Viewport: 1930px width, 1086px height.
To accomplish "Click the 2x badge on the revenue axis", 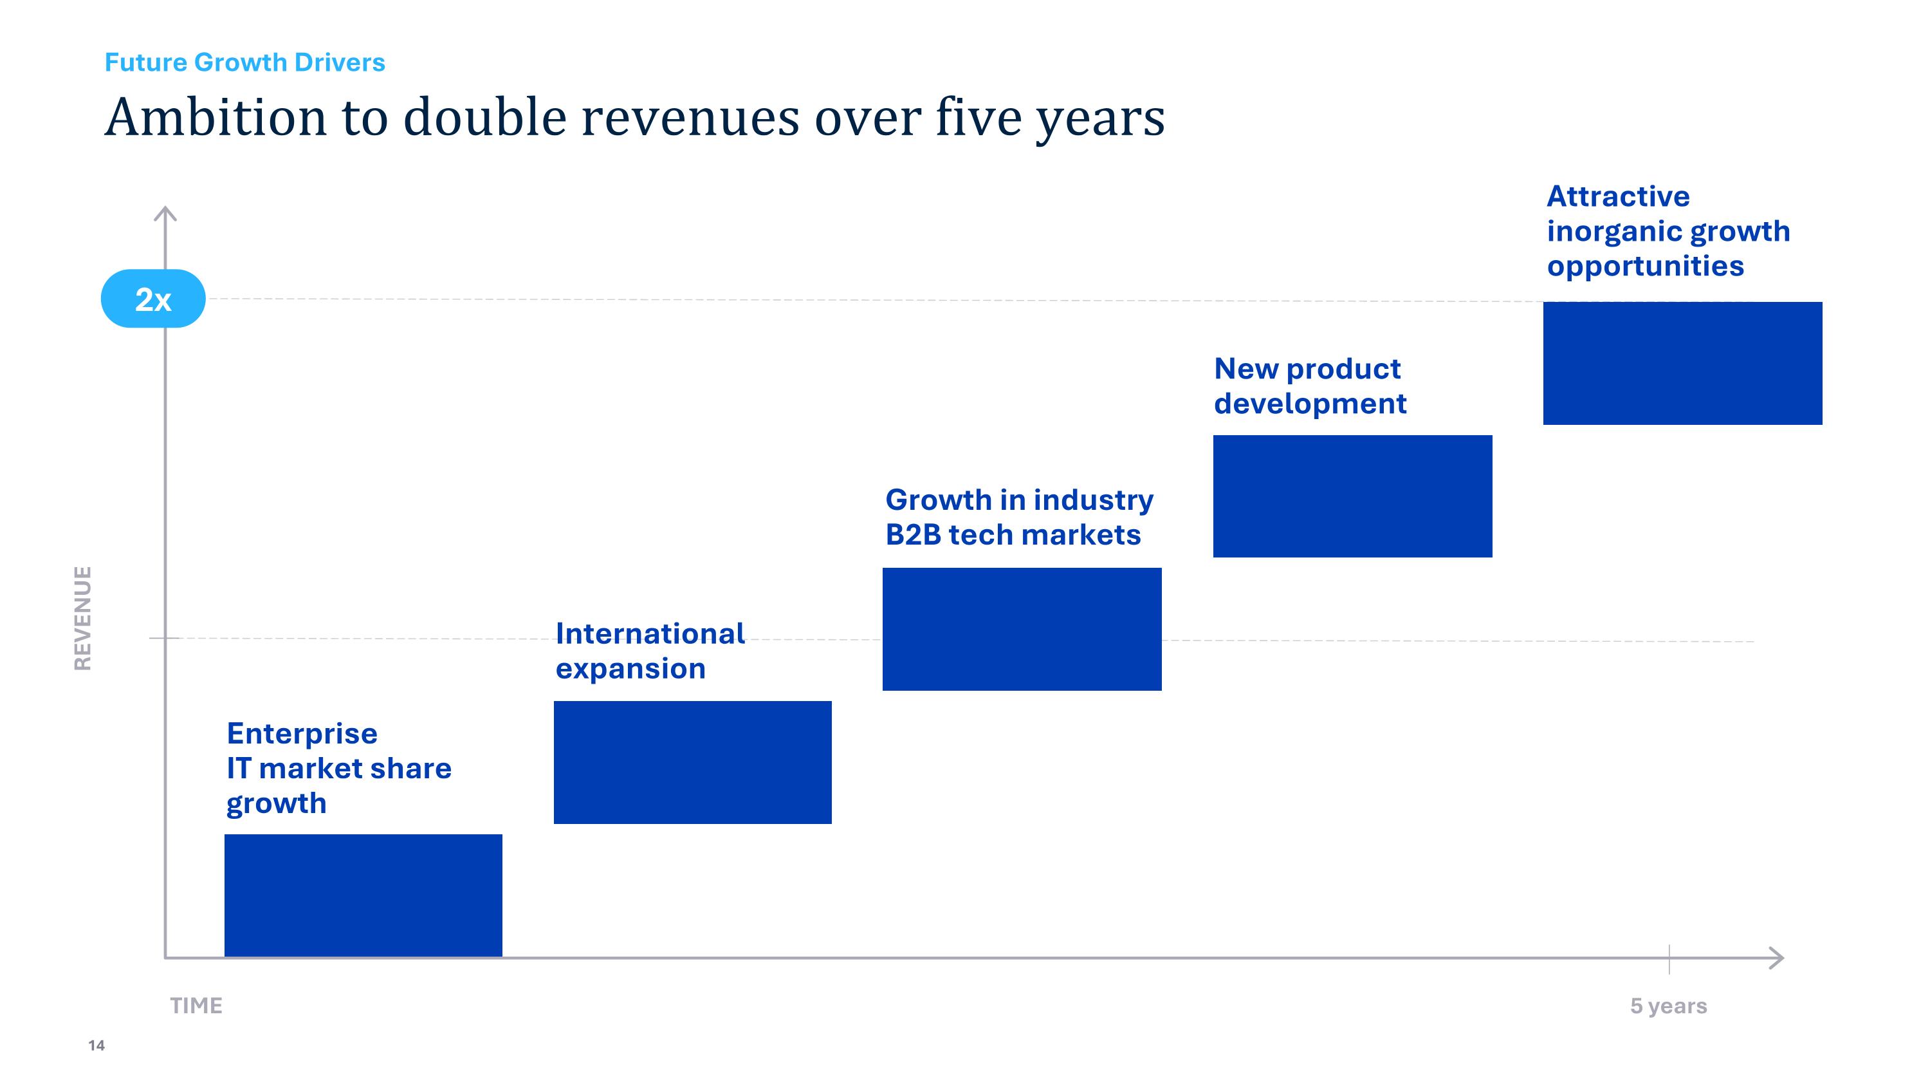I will click(x=153, y=299).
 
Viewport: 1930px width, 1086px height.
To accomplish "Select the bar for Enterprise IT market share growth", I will click(x=363, y=895).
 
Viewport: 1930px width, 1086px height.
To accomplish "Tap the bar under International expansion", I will click(x=692, y=762).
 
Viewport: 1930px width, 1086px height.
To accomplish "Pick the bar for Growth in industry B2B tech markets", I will click(x=1022, y=629).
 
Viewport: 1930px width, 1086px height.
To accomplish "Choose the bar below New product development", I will click(x=1352, y=496).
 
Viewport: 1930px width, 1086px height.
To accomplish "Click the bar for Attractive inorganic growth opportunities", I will click(x=1682, y=364).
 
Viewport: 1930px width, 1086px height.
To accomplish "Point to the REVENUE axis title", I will click(x=82, y=619).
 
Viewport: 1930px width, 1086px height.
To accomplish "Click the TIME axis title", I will click(x=196, y=1005).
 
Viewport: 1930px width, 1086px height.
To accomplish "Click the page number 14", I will click(x=96, y=1045).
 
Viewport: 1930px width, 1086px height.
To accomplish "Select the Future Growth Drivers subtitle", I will click(x=244, y=62).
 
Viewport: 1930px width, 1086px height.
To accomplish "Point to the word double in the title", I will click(x=484, y=118).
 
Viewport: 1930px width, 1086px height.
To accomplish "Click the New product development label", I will click(x=1310, y=386).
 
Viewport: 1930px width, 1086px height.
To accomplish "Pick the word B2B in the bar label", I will click(x=912, y=535).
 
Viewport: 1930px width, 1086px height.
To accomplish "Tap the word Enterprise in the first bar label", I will click(x=302, y=734).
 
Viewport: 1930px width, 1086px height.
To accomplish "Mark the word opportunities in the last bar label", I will click(x=1645, y=266).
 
